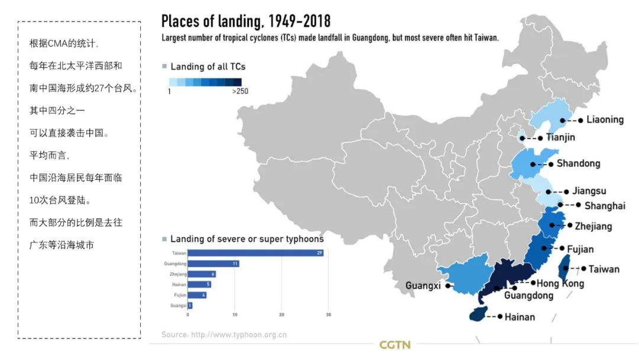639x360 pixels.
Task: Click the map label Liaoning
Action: point(605,120)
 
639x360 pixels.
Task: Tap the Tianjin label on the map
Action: point(560,137)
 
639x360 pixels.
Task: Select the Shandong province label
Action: point(578,163)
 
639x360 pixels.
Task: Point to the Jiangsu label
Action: point(589,191)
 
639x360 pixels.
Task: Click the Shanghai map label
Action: point(605,206)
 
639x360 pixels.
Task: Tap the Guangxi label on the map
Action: point(423,286)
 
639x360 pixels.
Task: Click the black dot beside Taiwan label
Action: point(583,269)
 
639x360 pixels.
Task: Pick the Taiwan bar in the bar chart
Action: point(255,253)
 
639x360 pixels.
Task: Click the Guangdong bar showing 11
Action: point(213,263)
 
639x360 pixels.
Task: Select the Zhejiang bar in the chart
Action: point(201,274)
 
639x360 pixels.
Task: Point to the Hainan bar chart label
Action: point(179,285)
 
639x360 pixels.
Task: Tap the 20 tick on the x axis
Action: point(282,314)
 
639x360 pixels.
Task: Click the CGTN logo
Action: point(395,344)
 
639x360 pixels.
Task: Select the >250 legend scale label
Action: point(240,91)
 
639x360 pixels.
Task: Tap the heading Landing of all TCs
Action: point(208,66)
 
